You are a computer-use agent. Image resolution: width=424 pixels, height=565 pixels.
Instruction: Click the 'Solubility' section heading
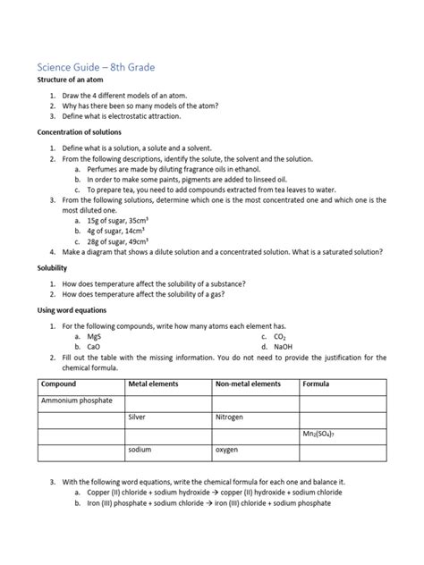[x=52, y=267]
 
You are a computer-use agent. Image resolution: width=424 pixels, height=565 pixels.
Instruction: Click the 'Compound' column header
[x=59, y=384]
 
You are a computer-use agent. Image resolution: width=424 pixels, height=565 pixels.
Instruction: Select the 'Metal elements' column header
[x=154, y=384]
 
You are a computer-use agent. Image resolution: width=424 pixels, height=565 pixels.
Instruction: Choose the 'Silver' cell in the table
[x=137, y=417]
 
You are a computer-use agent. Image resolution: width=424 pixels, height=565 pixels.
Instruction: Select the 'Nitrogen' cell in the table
[x=229, y=417]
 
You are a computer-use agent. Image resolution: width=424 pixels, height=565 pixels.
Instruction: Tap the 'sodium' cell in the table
[x=140, y=450]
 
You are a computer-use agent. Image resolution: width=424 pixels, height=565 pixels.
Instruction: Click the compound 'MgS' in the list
[x=93, y=336]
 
